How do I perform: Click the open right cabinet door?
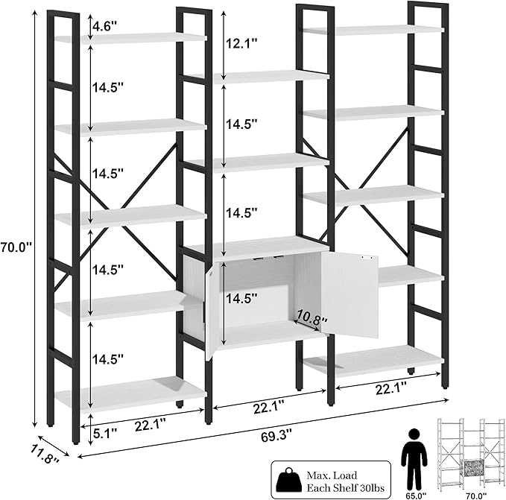[350, 294]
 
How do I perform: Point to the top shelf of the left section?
[130, 37]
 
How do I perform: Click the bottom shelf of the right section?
[376, 361]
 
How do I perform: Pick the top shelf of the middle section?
[257, 76]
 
